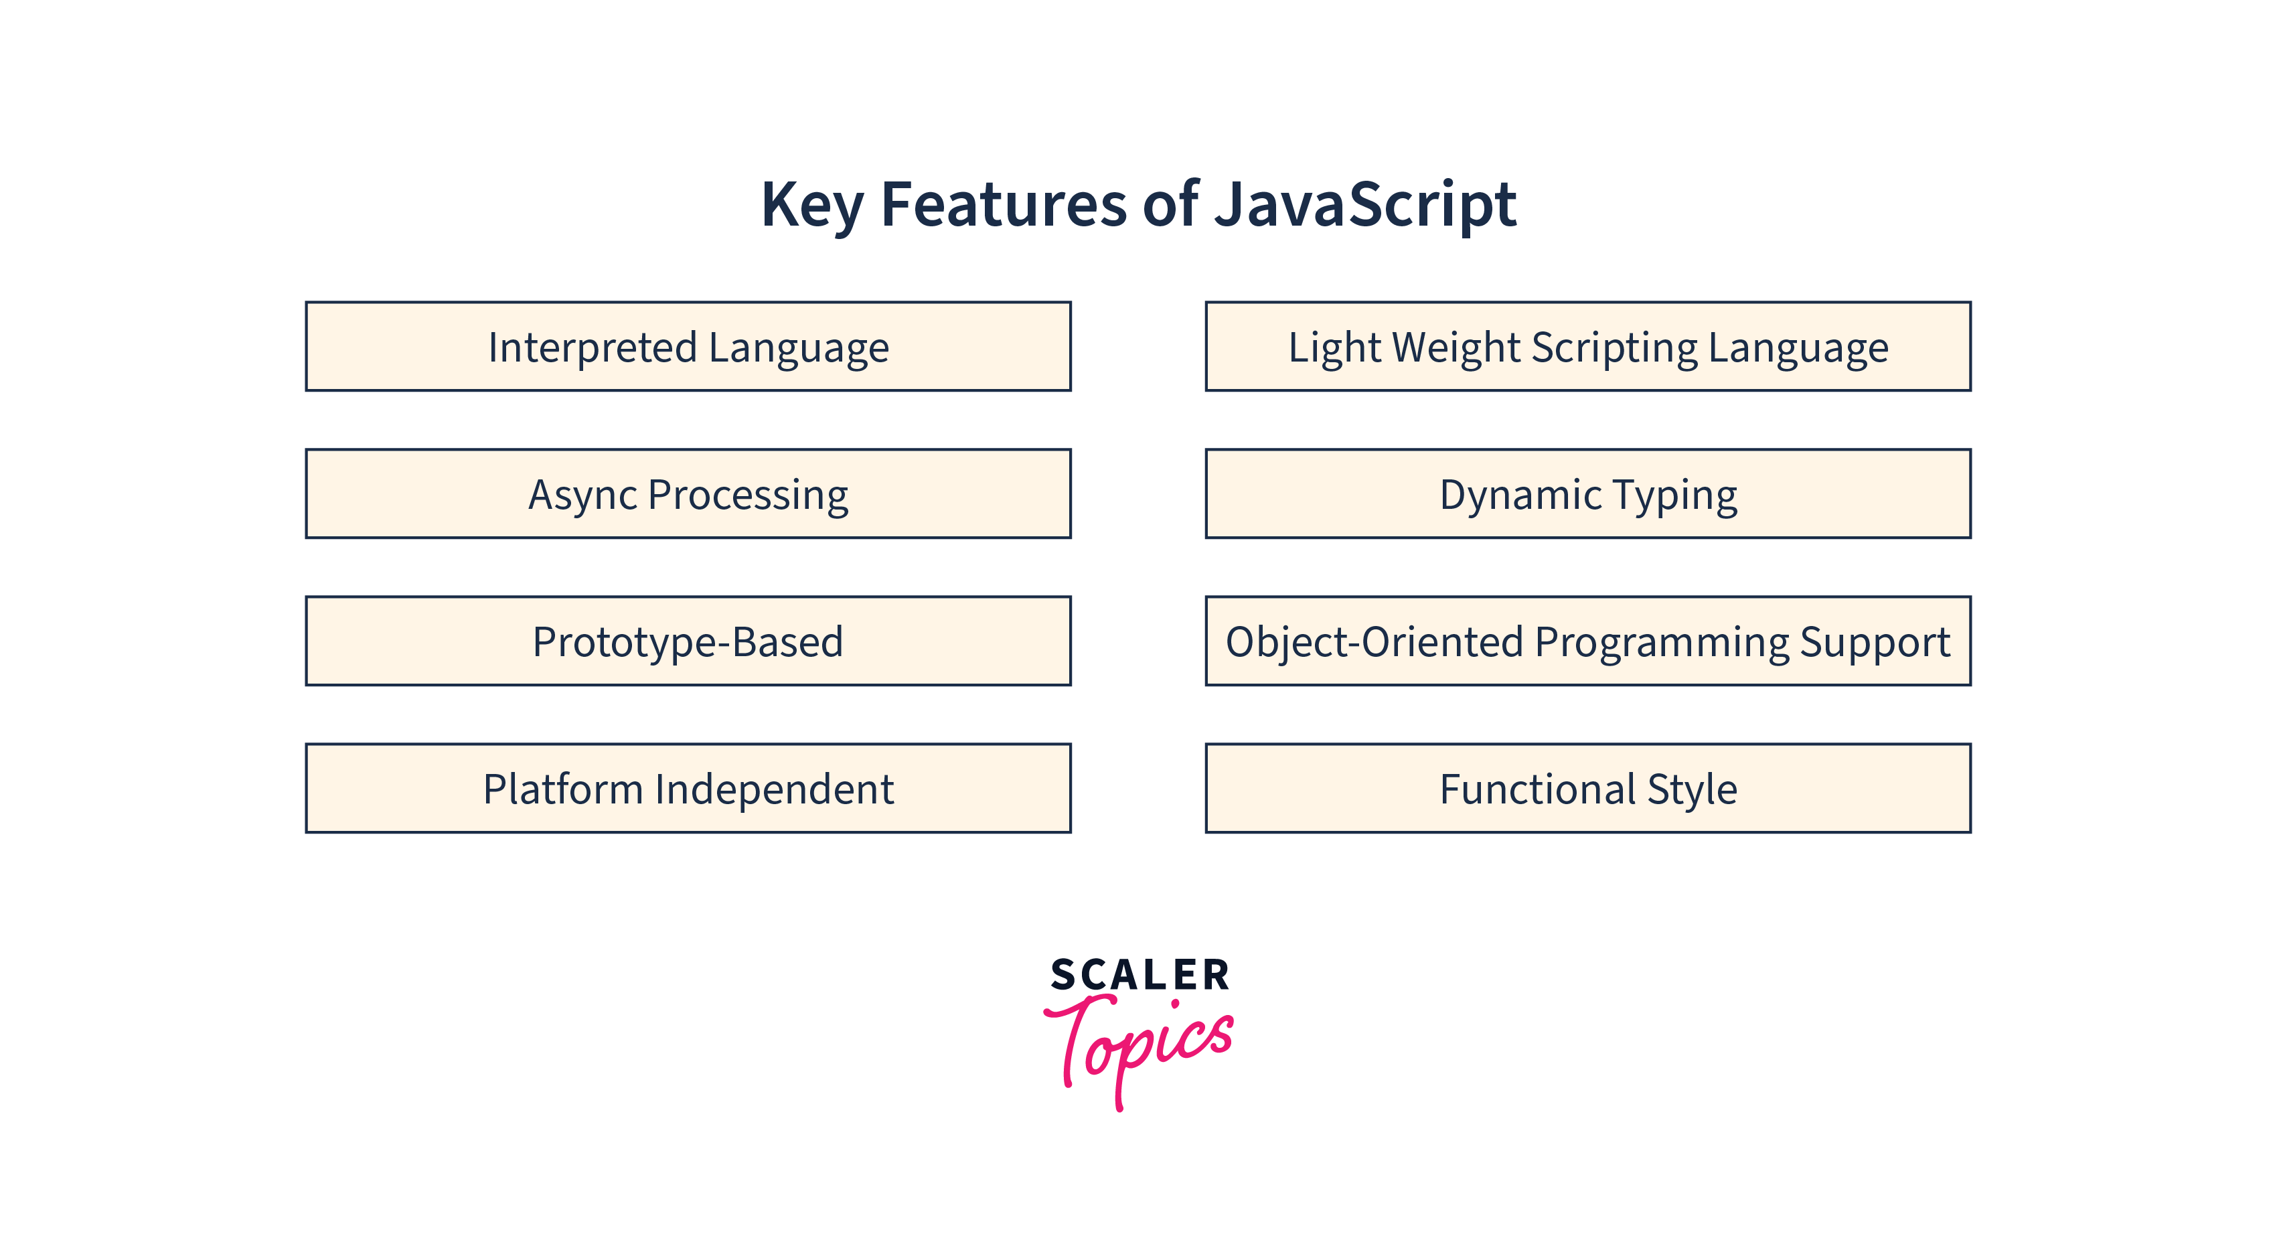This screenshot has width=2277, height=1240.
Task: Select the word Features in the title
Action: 1004,204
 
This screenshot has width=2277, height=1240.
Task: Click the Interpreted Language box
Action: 688,346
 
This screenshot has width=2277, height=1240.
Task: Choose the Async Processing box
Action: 688,494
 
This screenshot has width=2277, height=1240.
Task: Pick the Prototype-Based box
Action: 688,641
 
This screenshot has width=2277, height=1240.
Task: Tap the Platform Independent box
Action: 688,788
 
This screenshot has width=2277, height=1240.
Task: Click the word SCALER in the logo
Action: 1140,975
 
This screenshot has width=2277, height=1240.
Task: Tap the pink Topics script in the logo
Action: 1140,1047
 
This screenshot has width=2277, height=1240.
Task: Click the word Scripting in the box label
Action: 1615,348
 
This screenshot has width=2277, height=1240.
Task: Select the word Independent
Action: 775,788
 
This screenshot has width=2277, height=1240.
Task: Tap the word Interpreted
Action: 593,348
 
